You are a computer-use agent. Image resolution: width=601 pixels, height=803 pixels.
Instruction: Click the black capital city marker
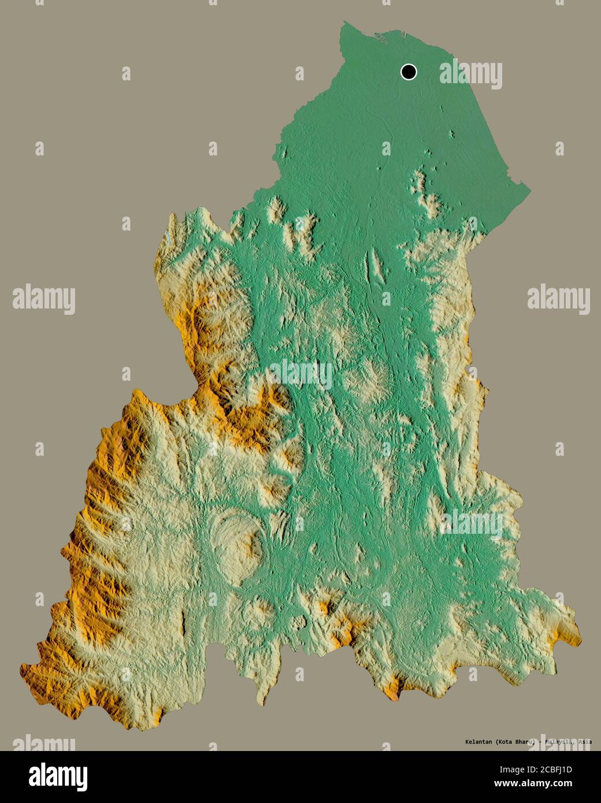409,72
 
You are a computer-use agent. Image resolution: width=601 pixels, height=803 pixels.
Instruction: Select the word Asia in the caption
584,742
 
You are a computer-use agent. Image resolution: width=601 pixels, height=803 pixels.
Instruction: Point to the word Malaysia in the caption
557,742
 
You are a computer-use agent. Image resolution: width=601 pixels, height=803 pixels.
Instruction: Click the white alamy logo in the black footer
60,775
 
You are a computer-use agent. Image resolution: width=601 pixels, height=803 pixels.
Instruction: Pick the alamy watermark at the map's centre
300,374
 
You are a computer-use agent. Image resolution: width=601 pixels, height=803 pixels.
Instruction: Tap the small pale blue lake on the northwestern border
167,238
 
